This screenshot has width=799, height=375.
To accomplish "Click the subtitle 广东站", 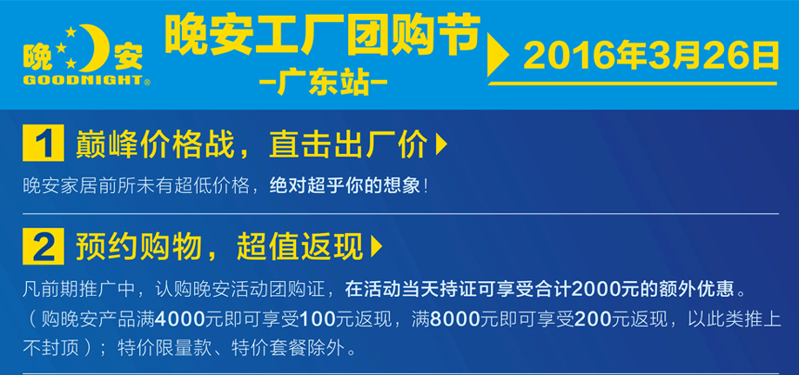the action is [323, 82].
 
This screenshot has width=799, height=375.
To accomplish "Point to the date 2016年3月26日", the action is [651, 56].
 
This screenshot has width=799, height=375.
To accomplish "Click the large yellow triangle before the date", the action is [498, 55].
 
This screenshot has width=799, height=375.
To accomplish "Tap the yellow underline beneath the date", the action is [633, 84].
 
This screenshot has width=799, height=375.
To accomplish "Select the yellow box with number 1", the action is [44, 143].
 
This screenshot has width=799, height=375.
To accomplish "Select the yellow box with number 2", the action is [44, 246].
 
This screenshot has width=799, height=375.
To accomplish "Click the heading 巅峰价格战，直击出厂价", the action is [252, 144].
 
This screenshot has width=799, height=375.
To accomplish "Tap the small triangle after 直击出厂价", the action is [441, 144].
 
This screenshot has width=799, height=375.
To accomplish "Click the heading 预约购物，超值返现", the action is [219, 247].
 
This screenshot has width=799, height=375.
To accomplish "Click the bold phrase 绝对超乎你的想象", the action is [345, 185].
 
